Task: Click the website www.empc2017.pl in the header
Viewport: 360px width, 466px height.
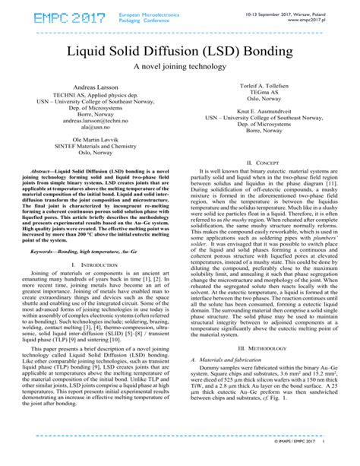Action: click(327, 20)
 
